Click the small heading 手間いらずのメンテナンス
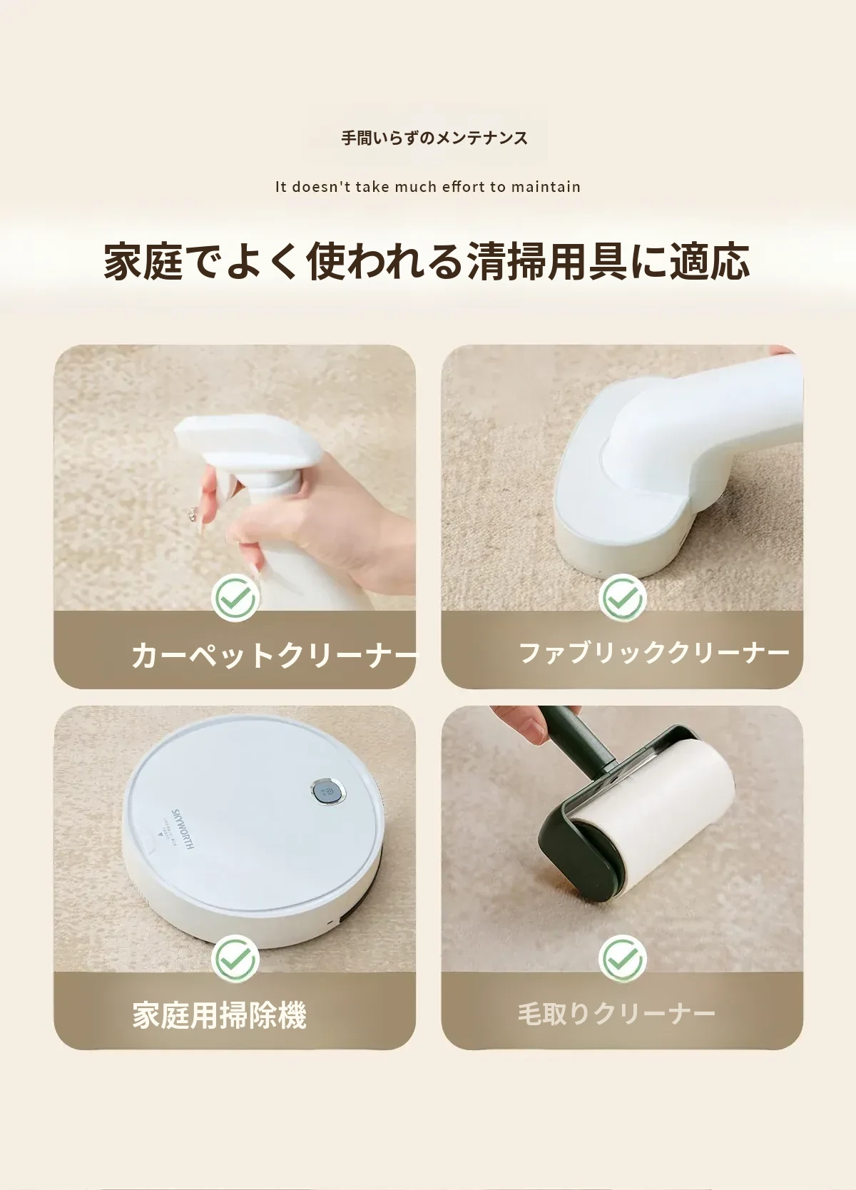[x=434, y=138]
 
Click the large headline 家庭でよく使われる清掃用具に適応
[x=427, y=261]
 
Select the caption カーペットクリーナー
[x=274, y=655]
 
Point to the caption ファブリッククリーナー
[x=654, y=653]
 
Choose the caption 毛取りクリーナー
[x=616, y=1014]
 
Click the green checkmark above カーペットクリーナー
[x=235, y=598]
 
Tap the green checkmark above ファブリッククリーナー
[x=622, y=598]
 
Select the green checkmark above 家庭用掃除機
[x=235, y=959]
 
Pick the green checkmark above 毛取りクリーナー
[x=622, y=959]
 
